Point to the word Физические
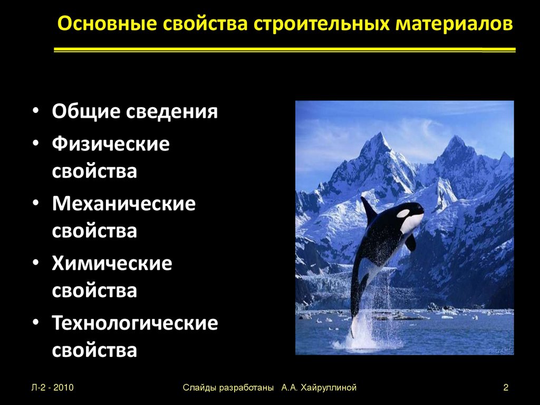(111, 144)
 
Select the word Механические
(124, 204)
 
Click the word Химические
(112, 263)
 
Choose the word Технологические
(134, 323)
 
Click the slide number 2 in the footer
(505, 388)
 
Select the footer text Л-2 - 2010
(52, 388)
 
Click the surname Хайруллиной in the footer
(329, 388)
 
